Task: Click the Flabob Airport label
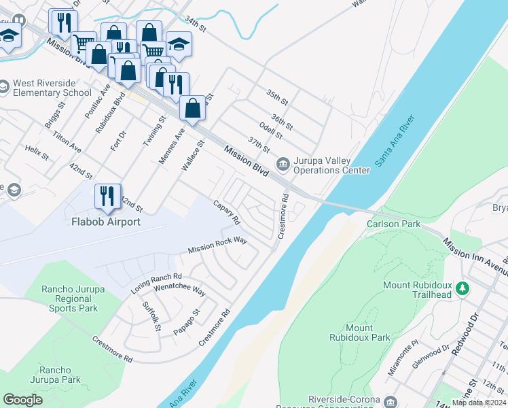pos(106,222)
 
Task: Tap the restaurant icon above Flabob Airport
pos(107,197)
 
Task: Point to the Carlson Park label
pos(393,224)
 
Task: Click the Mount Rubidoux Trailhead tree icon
pos(462,288)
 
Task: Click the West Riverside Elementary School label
pos(52,88)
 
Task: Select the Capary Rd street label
pos(226,212)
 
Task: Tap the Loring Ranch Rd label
pos(156,284)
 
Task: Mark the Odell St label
pos(271,131)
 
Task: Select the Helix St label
pos(37,152)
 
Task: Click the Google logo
pos(23,400)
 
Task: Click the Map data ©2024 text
pos(479,403)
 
